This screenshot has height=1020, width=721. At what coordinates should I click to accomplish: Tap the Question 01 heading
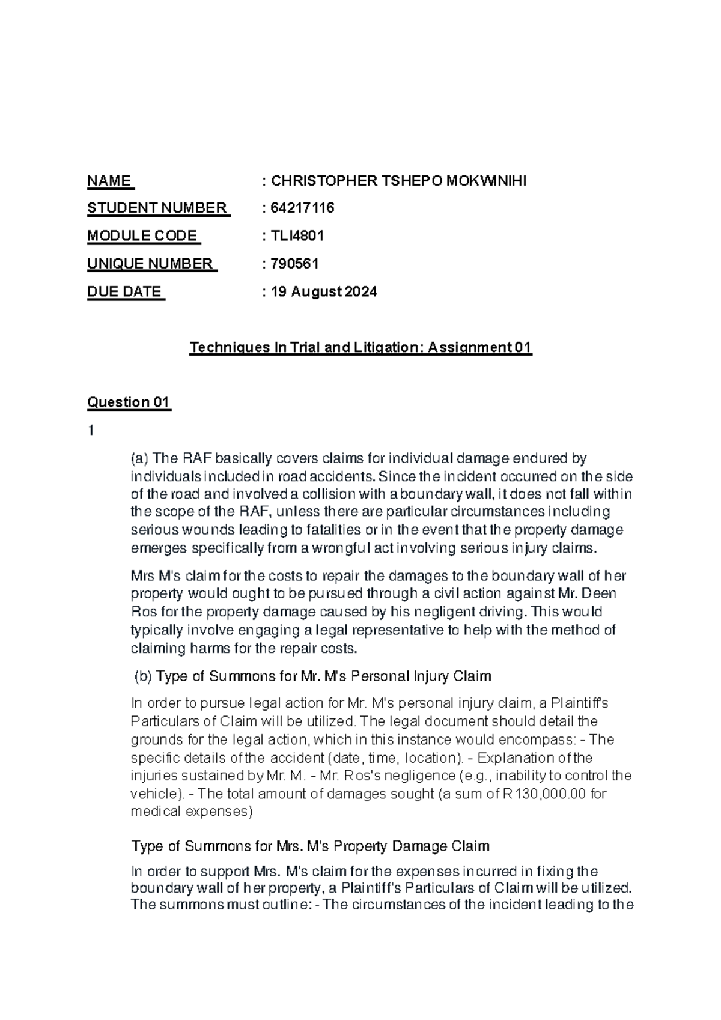pyautogui.click(x=129, y=402)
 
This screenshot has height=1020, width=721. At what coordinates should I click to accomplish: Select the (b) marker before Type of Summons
pyautogui.click(x=143, y=676)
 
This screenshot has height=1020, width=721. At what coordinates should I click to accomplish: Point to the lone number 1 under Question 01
pyautogui.click(x=91, y=430)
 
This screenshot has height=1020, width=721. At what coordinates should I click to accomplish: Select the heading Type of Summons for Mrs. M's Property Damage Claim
pyautogui.click(x=310, y=846)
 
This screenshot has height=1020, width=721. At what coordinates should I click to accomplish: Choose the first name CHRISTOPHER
pyautogui.click(x=324, y=181)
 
